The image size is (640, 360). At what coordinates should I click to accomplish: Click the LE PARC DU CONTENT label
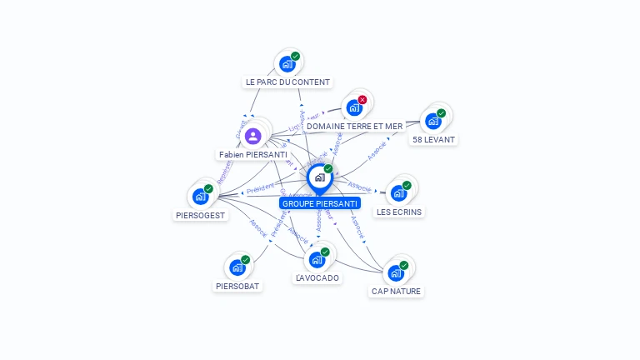pos(287,82)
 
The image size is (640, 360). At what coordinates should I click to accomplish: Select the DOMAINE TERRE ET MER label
pos(354,127)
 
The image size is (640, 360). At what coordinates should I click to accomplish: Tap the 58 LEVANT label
pos(433,140)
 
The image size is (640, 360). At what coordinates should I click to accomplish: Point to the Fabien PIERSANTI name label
pos(252,155)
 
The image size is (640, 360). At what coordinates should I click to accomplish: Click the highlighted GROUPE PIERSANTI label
pos(320,203)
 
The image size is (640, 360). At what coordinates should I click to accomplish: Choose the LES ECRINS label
pos(399,212)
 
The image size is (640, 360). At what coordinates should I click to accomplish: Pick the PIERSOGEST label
pos(200,215)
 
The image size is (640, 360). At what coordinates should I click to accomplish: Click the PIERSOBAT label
pos(237,286)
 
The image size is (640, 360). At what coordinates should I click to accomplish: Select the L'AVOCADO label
pos(317,277)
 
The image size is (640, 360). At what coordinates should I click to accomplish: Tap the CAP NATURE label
pos(396,292)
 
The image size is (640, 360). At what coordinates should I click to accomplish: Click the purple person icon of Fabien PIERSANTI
pos(253,135)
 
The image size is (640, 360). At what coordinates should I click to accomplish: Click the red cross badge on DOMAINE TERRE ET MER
pos(362,100)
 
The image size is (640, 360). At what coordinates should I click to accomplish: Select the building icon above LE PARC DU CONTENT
pos(287,64)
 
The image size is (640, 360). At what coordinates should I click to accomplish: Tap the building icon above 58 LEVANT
pos(432,122)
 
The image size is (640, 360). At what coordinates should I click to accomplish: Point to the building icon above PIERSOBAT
pos(237,267)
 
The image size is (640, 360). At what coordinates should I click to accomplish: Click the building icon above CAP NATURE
pos(396,273)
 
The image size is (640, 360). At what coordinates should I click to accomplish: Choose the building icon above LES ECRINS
pos(398,193)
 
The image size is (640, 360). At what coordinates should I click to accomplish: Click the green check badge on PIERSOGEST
pos(208,189)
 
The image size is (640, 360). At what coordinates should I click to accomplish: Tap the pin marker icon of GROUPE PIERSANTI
pos(319,177)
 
